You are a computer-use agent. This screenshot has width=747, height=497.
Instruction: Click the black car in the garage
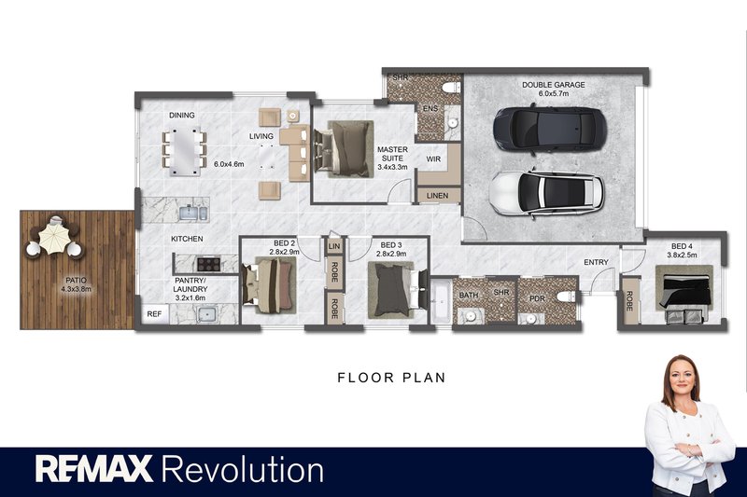point(550,129)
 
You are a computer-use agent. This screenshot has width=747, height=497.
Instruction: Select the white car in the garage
point(547,192)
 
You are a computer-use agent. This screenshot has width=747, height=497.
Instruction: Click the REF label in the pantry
point(154,314)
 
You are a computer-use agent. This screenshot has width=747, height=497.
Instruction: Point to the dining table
point(184,151)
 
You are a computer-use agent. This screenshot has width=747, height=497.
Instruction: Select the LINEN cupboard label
point(437,196)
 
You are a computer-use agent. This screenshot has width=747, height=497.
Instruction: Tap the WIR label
point(433,159)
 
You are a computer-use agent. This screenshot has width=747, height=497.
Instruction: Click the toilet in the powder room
point(567,297)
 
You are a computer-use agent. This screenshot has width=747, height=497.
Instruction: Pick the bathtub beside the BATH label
point(441,301)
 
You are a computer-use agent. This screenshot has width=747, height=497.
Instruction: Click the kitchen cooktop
point(208,264)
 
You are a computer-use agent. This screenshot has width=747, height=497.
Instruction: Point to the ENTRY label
point(596,262)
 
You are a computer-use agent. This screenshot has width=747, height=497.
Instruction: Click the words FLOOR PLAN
point(391,378)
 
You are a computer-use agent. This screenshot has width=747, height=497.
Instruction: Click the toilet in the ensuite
point(451,88)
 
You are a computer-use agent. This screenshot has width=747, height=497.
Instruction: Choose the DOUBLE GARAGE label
point(554,85)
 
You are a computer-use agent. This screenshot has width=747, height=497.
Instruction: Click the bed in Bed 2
point(269,285)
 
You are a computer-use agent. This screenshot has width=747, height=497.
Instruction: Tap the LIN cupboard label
point(334,246)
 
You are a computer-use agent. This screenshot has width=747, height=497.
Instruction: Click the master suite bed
point(344,149)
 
